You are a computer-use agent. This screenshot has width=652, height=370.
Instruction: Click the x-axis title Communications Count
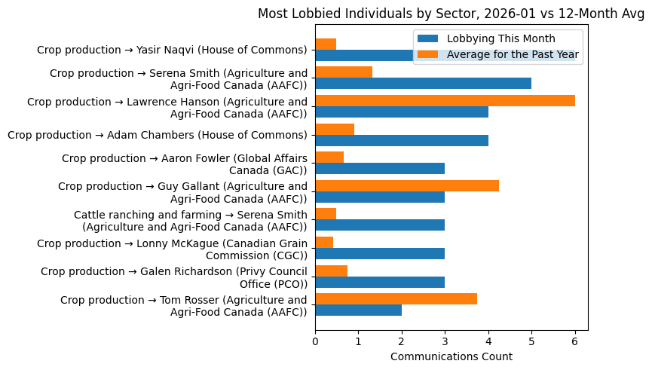point(451,356)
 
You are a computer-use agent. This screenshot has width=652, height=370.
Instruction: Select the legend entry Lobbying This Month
point(500,38)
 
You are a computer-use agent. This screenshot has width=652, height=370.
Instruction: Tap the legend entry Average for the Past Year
point(513,54)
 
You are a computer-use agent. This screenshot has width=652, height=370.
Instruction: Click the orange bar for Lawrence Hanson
point(445,101)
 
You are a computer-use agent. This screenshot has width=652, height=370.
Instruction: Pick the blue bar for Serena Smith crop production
point(423,84)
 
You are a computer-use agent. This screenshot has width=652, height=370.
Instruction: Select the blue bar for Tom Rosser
point(358,310)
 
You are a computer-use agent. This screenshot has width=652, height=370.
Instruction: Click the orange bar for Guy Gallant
point(407,186)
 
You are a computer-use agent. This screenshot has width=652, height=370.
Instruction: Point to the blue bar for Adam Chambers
point(402,140)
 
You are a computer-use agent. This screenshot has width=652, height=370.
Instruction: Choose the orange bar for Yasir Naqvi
point(326,44)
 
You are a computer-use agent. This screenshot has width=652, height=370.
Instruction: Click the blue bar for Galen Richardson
point(380,282)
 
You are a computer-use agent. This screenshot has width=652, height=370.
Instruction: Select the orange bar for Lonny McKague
point(324,243)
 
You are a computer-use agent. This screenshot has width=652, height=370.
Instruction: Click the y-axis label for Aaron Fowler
point(185,164)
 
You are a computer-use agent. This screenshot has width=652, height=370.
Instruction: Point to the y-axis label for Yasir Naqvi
point(172,50)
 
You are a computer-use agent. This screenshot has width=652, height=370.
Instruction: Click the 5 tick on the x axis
point(531,341)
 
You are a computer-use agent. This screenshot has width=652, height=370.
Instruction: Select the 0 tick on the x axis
point(315,341)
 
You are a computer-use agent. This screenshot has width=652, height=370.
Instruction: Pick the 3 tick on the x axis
point(445,341)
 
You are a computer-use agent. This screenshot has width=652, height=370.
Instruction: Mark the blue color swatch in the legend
point(428,38)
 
